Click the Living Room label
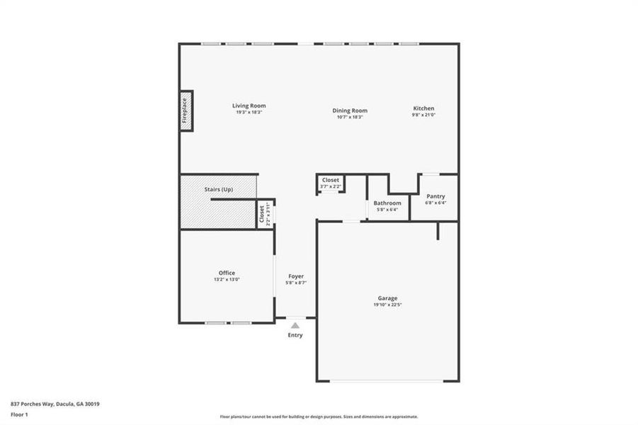coord(249,106)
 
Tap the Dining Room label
coord(350,110)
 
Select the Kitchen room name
coord(423,108)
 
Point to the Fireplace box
coord(186,110)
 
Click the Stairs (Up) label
coord(218,190)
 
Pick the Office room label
coord(227,273)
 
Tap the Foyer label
coord(296,276)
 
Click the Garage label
coord(387,298)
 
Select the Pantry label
coord(435,196)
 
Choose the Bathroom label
coord(387,203)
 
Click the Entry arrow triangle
coord(295,325)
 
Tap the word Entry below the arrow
coord(295,335)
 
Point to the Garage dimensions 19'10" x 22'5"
coord(387,305)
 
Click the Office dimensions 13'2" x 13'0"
coord(227,280)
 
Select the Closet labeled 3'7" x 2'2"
coord(331,180)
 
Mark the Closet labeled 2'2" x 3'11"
coord(261,213)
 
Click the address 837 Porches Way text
coord(55,404)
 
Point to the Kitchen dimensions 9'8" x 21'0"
coord(423,115)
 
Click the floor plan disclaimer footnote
coord(319,416)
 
